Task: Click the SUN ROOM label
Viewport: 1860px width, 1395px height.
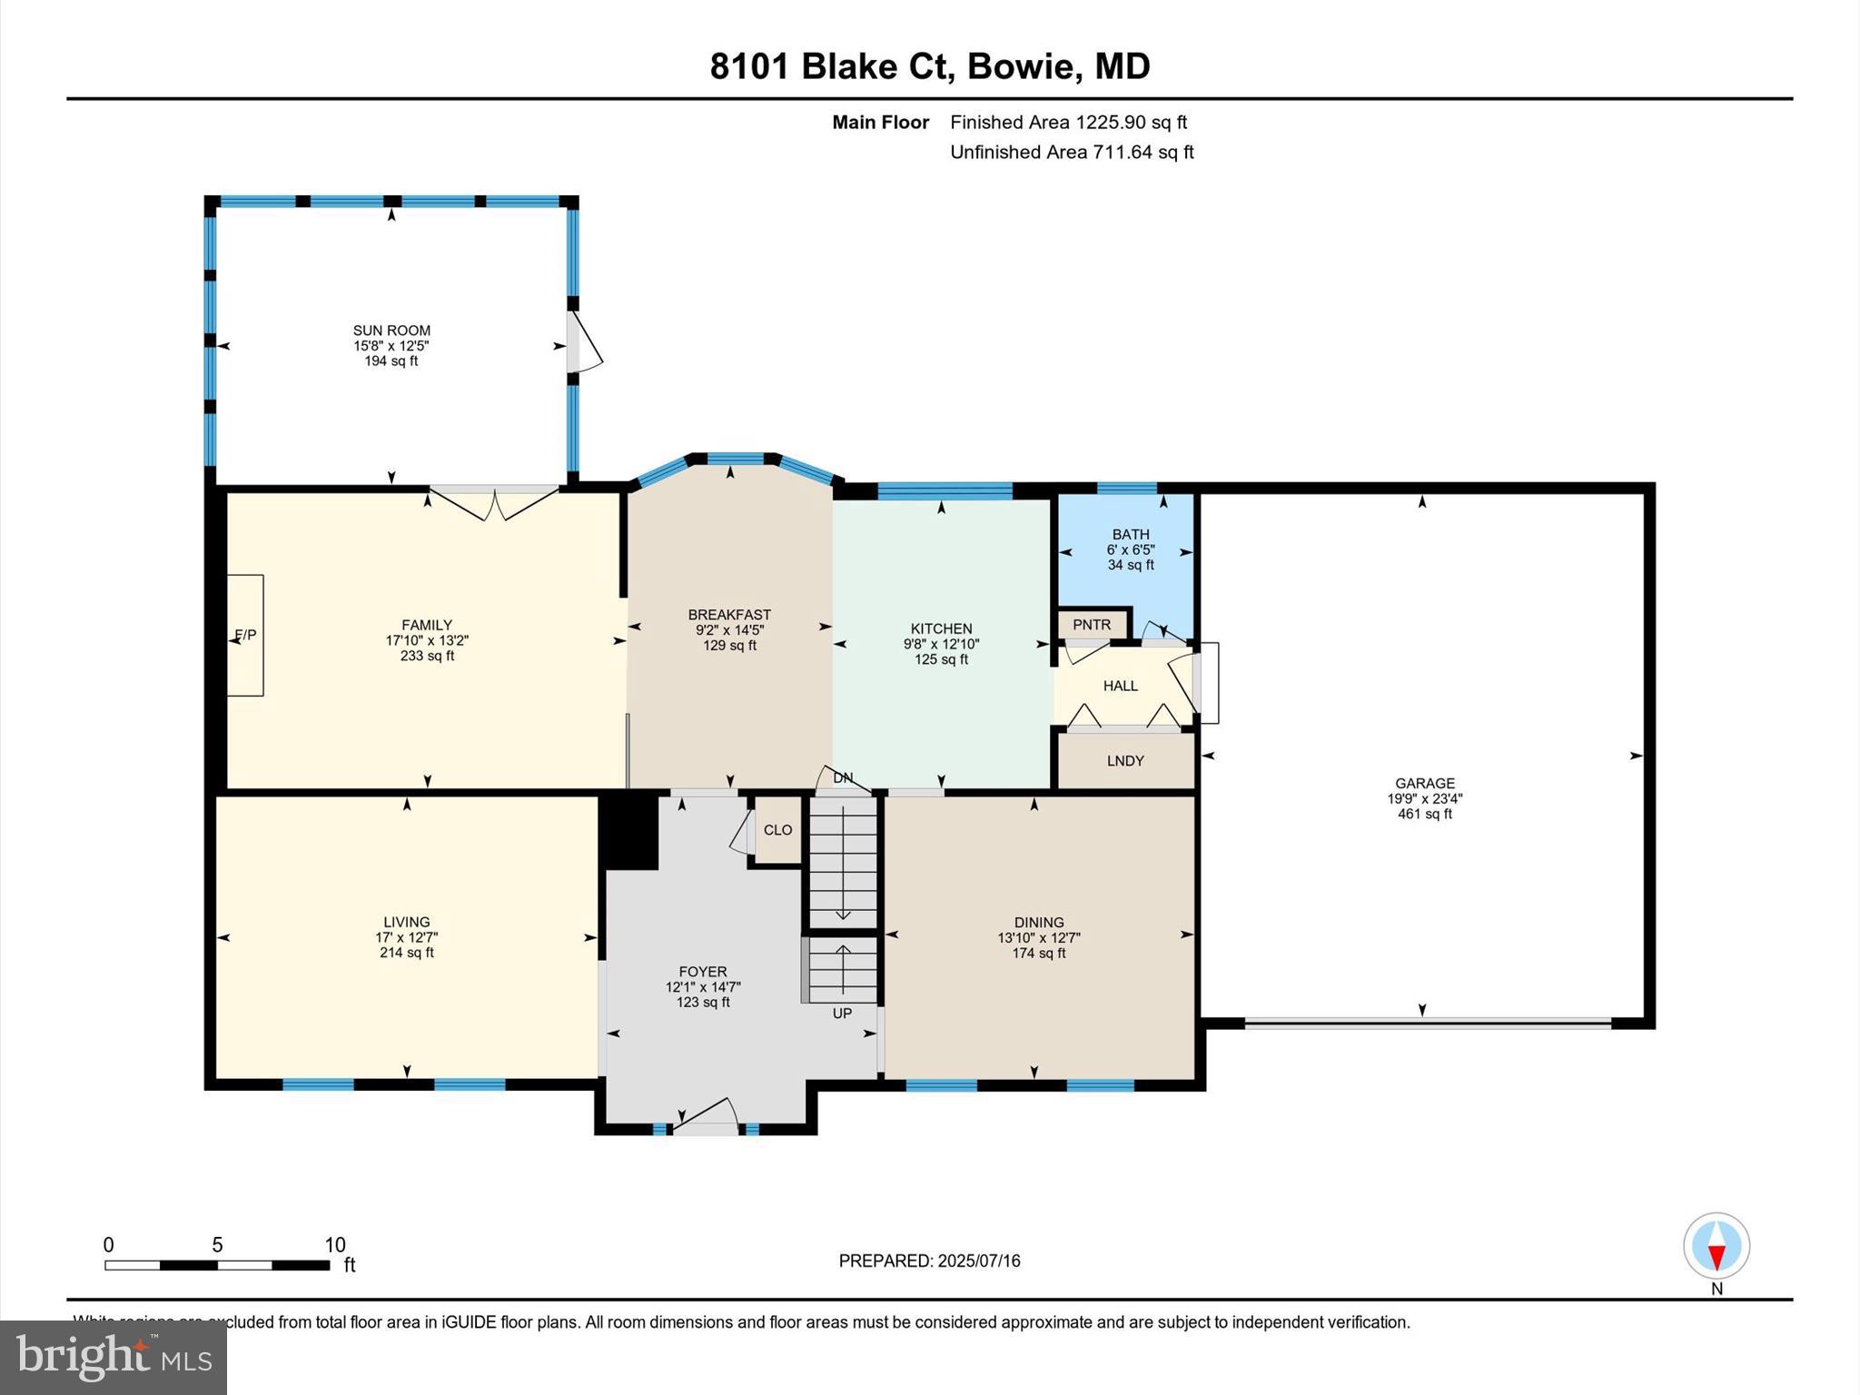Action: point(391,331)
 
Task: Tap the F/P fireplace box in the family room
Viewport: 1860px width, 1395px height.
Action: point(245,635)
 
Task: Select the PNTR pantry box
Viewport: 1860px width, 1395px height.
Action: point(1092,625)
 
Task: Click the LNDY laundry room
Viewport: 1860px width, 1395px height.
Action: point(1125,761)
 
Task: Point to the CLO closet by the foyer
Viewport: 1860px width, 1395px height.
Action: point(777,830)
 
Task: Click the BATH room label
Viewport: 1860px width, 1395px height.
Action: point(1130,535)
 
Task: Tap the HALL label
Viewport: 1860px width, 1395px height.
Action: point(1120,686)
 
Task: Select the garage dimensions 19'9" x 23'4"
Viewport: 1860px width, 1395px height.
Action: point(1424,799)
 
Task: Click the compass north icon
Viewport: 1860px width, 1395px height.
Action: point(1716,1247)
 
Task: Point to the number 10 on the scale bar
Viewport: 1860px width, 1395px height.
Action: point(335,1245)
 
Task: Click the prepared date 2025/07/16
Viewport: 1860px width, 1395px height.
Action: point(979,1261)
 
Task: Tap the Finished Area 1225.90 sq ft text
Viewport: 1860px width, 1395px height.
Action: point(1068,122)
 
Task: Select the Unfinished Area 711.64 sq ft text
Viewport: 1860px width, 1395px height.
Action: point(1072,152)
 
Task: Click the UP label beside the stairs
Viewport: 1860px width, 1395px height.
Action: point(842,1013)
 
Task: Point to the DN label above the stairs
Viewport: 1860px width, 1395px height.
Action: point(843,778)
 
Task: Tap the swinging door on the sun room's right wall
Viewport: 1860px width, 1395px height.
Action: point(584,343)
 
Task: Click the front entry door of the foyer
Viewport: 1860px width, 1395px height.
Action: point(705,1117)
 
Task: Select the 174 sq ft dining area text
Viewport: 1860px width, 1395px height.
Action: point(1039,953)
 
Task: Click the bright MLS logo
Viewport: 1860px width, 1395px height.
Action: point(114,1357)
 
